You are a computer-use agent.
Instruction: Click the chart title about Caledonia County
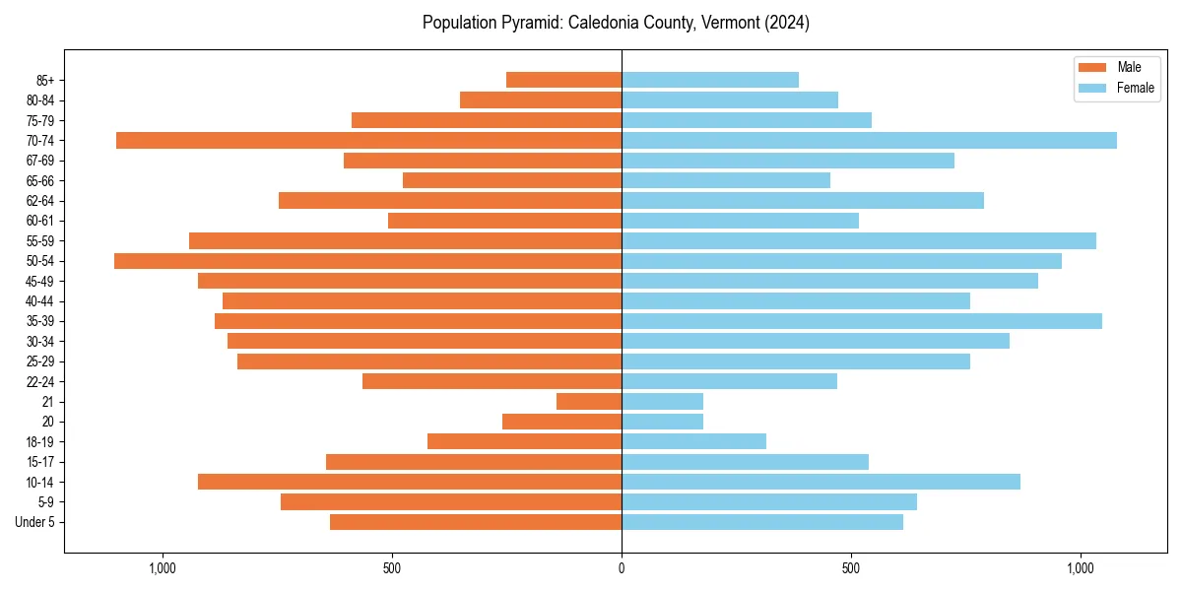click(x=616, y=23)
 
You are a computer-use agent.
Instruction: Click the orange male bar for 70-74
click(x=368, y=140)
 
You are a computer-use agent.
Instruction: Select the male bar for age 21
click(x=589, y=401)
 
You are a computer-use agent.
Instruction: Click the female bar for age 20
click(x=662, y=422)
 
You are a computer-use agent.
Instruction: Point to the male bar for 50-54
click(x=367, y=261)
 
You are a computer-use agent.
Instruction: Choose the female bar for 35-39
click(x=862, y=321)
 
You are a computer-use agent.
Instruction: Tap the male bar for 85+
click(x=563, y=80)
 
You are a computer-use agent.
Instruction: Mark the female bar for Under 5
click(x=762, y=522)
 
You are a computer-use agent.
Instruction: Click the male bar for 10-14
click(x=410, y=482)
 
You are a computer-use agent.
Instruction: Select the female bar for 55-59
click(x=859, y=240)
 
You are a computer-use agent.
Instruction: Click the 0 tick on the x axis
click(x=622, y=568)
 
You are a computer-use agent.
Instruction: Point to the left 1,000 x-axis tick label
click(x=163, y=568)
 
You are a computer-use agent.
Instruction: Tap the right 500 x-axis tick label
click(x=851, y=568)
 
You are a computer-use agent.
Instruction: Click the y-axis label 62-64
click(x=39, y=201)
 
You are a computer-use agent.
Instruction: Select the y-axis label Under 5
click(x=35, y=522)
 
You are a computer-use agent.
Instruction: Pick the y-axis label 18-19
click(x=39, y=441)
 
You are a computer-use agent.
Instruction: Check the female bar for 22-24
click(x=729, y=381)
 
